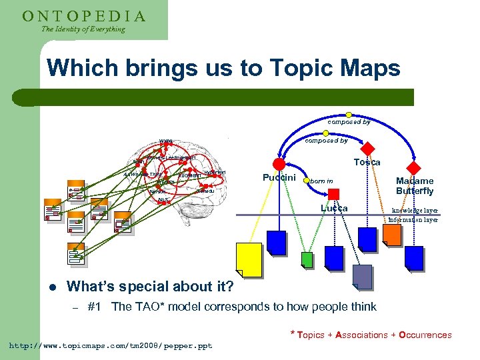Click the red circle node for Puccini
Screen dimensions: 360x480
279,165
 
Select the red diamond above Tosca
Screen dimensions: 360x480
368,148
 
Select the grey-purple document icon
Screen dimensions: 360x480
362,276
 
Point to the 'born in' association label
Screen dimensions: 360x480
321,181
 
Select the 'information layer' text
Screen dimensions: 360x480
413,219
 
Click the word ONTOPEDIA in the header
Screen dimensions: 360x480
84,16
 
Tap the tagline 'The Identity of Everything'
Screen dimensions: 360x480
83,29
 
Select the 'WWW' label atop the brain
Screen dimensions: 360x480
165,141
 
